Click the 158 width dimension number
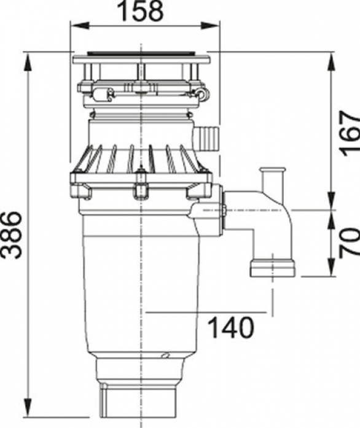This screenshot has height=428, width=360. tap(142, 10)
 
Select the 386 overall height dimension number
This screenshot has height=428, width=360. tap(11, 235)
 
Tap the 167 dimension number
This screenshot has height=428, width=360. tap(350, 133)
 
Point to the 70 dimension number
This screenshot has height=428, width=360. tap(350, 241)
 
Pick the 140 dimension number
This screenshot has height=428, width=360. tap(231, 327)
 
